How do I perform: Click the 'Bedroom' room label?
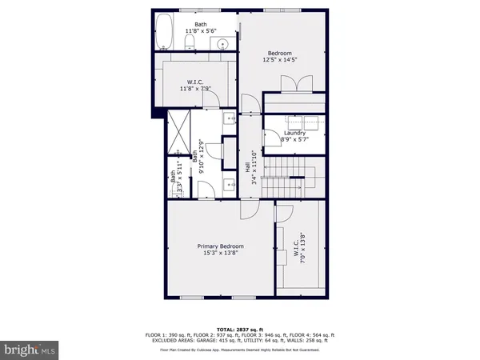click(x=280, y=52)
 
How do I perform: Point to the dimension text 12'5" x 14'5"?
click(x=280, y=60)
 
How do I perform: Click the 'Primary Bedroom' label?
click(x=221, y=246)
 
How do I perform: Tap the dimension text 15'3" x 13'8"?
click(x=221, y=254)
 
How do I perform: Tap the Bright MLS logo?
click(x=30, y=349)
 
